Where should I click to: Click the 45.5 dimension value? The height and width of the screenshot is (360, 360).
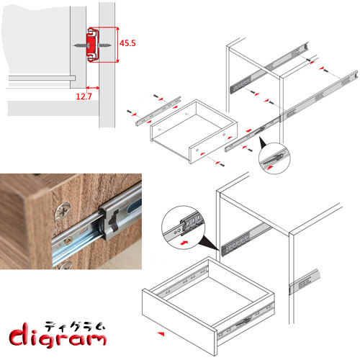click(127, 43)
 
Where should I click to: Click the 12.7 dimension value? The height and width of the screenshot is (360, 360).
click(84, 96)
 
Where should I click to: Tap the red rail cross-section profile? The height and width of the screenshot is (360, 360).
click(93, 45)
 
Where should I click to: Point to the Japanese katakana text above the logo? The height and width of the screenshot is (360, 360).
click(75, 327)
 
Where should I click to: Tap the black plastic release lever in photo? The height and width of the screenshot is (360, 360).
click(113, 220)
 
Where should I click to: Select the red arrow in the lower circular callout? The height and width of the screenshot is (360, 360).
click(184, 243)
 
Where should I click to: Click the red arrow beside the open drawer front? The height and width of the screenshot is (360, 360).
click(161, 333)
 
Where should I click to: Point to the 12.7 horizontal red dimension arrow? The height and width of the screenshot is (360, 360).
click(92, 88)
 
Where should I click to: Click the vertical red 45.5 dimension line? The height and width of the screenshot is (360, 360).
click(117, 45)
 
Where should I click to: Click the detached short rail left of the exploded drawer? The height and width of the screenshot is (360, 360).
click(158, 111)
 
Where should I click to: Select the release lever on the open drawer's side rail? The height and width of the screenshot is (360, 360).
click(243, 322)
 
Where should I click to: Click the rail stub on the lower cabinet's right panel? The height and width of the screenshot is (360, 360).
click(305, 282)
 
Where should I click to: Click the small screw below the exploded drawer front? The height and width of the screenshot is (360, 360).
click(222, 165)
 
